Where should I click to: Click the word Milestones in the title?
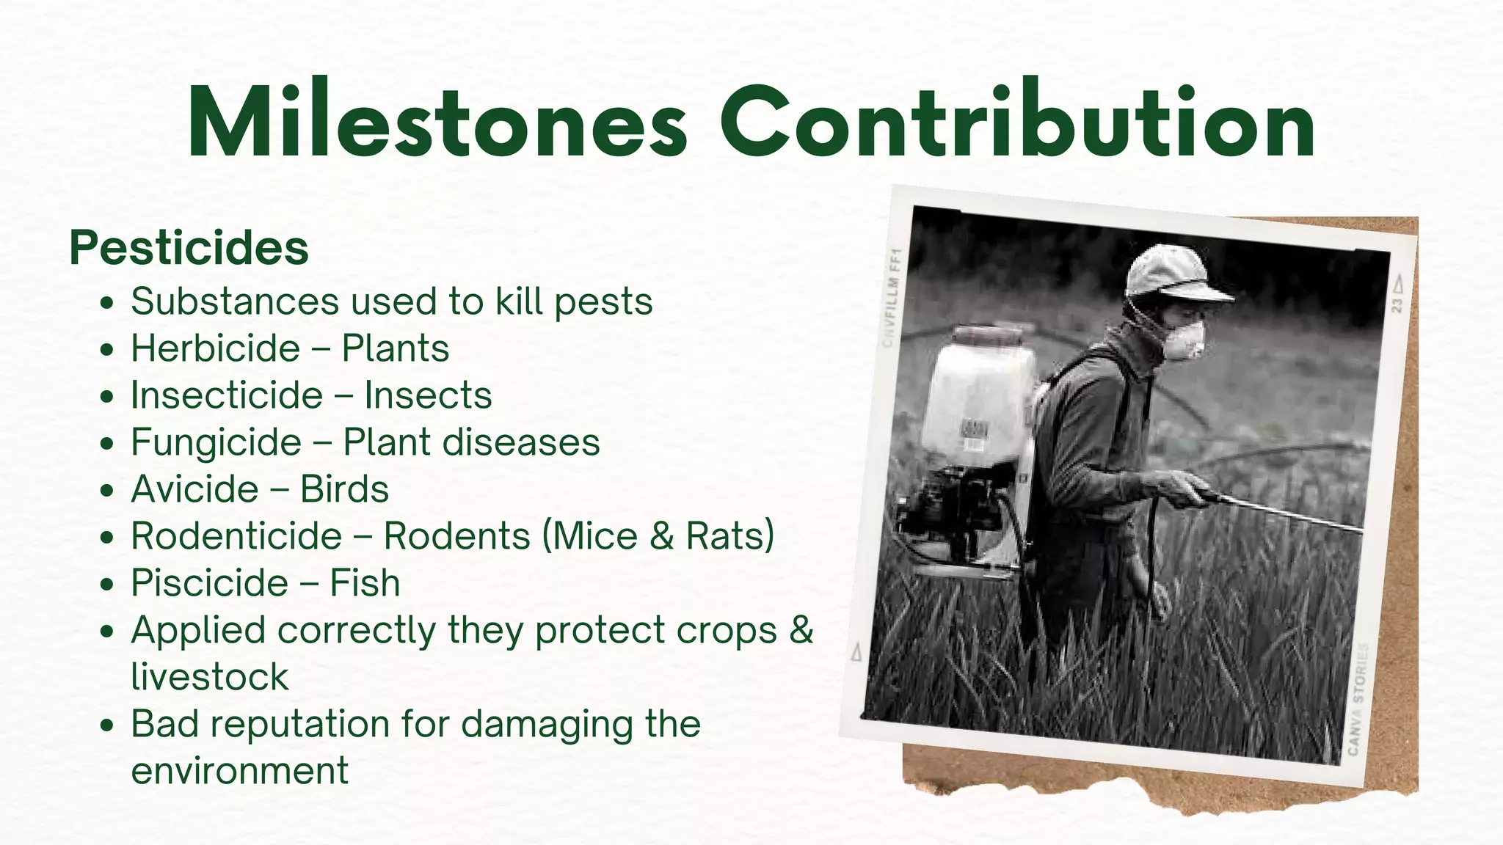(437, 123)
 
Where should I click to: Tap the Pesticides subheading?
(189, 248)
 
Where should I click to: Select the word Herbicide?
(216, 348)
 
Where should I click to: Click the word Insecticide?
(227, 395)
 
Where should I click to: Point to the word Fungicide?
(216, 442)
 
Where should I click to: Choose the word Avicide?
(194, 489)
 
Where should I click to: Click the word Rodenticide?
(236, 536)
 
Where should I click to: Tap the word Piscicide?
(209, 583)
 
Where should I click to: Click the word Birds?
(344, 489)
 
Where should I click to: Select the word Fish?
(365, 583)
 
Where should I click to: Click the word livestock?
(209, 677)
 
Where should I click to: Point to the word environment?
(239, 771)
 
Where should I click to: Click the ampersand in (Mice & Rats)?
(661, 536)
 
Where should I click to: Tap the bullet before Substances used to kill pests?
(107, 303)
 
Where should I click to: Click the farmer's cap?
(1171, 273)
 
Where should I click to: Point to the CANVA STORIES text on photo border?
(1358, 698)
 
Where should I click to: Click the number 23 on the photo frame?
(1397, 304)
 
